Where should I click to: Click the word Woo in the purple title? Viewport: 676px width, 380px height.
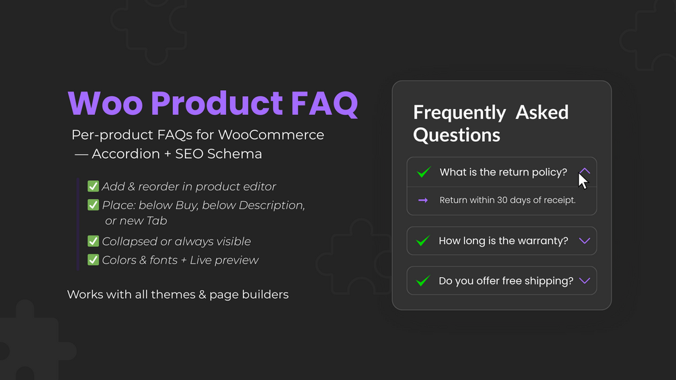coord(105,104)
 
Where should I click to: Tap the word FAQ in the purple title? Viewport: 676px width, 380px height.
coord(324,104)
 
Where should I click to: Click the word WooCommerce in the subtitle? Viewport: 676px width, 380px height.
coord(271,135)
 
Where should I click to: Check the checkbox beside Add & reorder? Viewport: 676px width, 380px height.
coord(93,186)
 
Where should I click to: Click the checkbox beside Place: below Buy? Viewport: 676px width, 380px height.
coord(93,204)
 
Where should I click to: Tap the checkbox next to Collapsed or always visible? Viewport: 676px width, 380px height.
coord(93,241)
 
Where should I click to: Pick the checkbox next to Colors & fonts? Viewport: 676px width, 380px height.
coord(93,260)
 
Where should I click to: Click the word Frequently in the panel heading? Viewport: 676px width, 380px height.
coord(459,113)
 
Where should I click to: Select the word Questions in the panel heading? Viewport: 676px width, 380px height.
coord(457,135)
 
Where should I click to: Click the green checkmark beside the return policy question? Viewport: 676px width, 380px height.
coord(424,172)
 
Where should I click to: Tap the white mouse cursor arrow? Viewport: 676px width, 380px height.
coord(583,181)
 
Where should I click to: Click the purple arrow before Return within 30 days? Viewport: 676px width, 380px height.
coord(423,200)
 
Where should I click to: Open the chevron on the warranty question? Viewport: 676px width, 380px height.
coord(585,241)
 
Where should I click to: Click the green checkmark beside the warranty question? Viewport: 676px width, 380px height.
coord(423,241)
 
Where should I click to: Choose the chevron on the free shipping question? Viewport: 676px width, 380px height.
coord(585,281)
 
